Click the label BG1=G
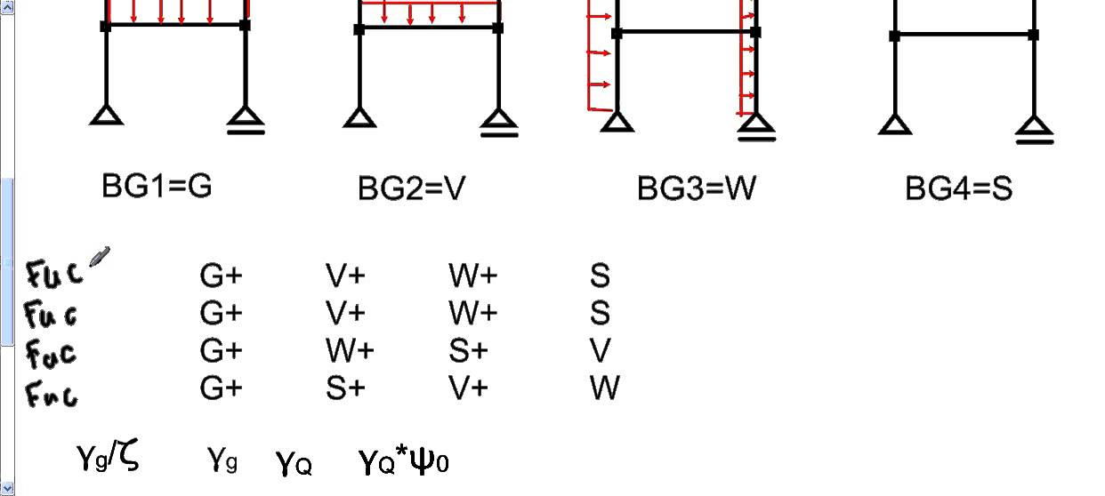point(157,186)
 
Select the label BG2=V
point(411,188)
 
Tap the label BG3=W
point(697,188)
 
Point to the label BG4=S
point(958,188)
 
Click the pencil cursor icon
point(100,258)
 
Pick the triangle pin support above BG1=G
point(107,114)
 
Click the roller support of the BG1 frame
point(246,121)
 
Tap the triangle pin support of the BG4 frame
point(895,124)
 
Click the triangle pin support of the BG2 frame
point(359,118)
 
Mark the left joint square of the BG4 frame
point(895,36)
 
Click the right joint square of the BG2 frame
point(497,29)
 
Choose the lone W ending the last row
point(604,388)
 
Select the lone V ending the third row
point(601,351)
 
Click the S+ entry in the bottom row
point(345,388)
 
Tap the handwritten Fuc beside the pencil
point(55,272)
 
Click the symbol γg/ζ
point(108,458)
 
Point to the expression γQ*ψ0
point(403,461)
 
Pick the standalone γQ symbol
point(294,462)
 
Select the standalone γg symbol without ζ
point(222,460)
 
